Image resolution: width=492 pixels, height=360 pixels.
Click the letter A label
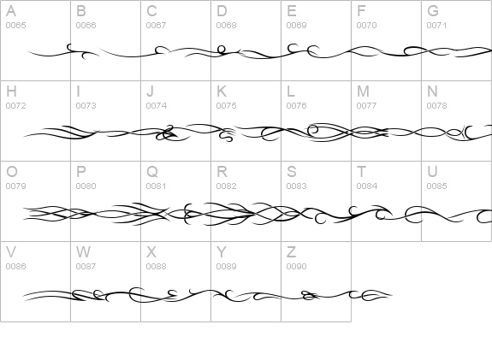11,11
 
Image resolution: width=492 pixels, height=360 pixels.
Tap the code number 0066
86,26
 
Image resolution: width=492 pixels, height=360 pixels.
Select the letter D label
222,11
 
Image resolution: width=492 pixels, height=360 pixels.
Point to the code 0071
436,26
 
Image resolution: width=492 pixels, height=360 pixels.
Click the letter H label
11,91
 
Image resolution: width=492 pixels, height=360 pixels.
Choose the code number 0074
157,106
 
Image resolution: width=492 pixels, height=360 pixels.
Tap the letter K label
222,91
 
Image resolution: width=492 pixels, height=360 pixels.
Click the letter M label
363,91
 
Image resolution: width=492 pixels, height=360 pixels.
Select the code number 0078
436,106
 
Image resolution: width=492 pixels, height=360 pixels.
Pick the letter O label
12,172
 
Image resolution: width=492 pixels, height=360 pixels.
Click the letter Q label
152,172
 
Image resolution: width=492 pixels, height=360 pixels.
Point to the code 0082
226,186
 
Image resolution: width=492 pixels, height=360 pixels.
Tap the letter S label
292,172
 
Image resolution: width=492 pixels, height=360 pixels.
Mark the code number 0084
367,186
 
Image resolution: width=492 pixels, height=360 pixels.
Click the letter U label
432,172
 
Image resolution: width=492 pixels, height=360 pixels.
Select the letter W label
83,251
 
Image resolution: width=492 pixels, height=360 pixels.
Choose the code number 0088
157,266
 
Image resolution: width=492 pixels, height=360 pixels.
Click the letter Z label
291,251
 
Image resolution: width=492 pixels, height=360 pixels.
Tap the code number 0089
226,266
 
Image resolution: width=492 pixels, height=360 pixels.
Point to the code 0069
297,26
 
